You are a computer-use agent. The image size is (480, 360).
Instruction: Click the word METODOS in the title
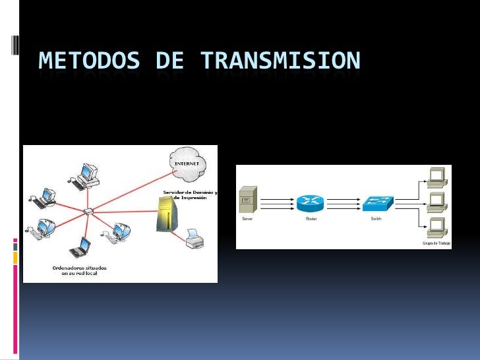(89, 61)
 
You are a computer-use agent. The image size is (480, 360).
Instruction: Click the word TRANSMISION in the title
(280, 61)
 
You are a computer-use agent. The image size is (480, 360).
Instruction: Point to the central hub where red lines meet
(88, 211)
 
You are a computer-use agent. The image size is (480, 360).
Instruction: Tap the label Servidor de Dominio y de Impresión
(191, 195)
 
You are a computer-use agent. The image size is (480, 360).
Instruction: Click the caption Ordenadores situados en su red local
(79, 270)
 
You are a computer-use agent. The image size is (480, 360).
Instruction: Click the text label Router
(311, 218)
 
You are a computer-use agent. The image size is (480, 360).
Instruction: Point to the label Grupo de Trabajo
(436, 244)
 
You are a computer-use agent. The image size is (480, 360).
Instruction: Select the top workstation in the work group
(436, 176)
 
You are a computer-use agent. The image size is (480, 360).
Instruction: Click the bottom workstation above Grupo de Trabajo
(436, 225)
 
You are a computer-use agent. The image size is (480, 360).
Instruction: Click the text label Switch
(376, 218)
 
